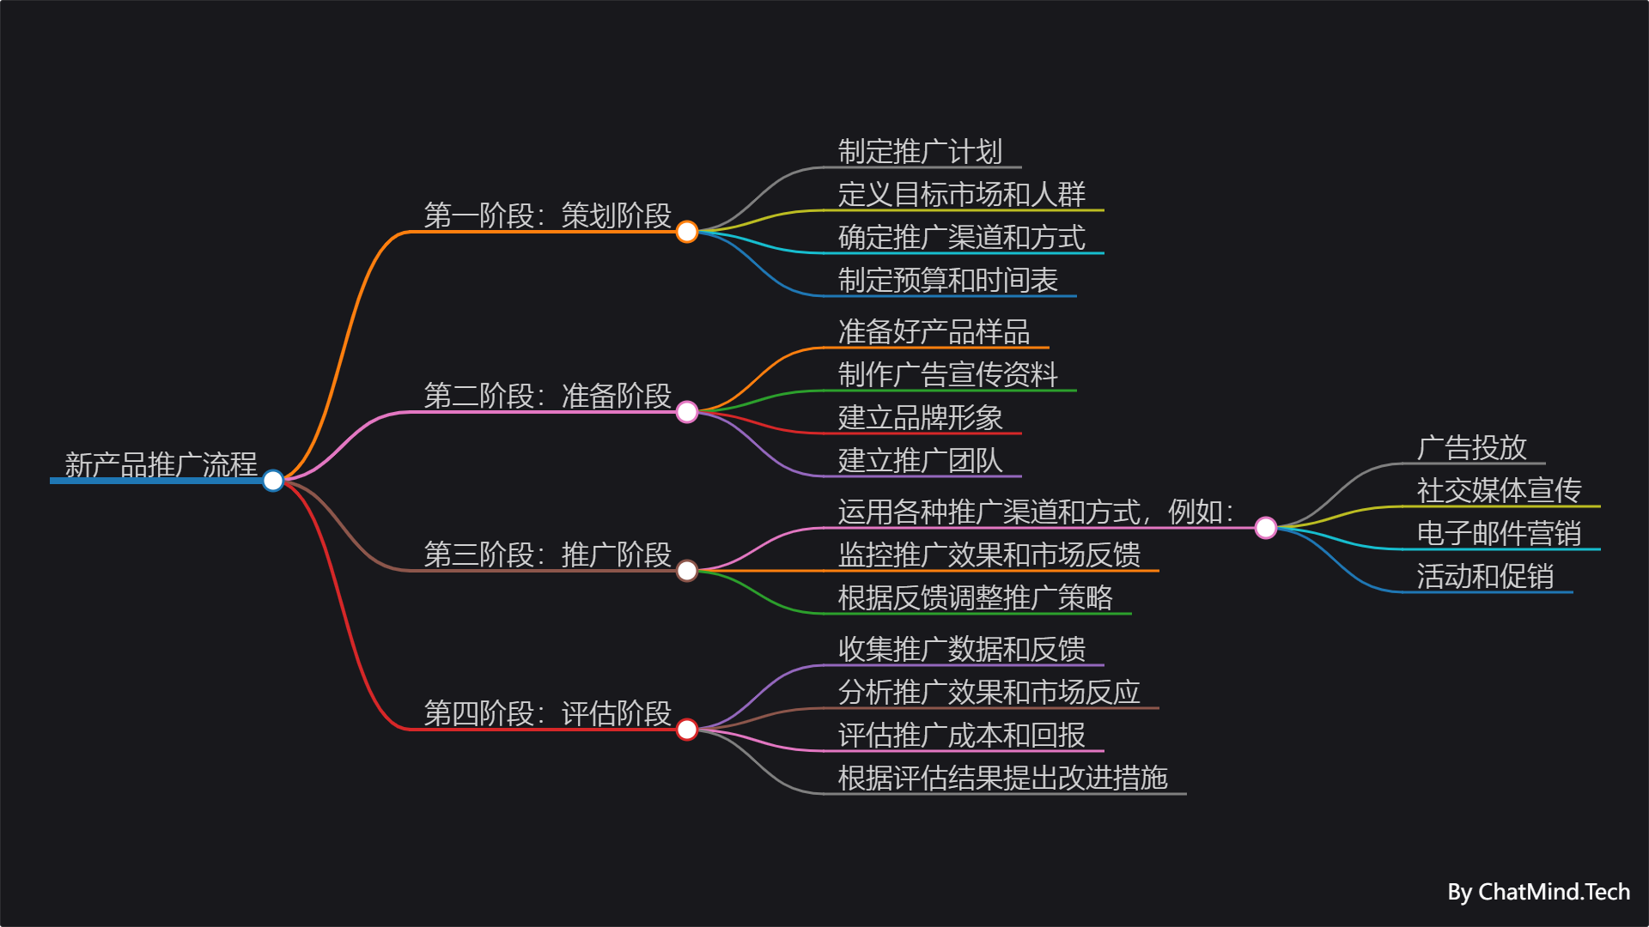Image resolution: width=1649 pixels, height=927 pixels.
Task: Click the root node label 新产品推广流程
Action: [161, 464]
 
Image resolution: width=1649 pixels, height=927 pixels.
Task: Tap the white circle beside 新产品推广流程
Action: [273, 481]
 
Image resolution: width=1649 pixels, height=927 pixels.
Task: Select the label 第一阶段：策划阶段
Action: [547, 215]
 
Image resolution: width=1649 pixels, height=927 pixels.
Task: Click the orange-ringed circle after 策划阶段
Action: [687, 232]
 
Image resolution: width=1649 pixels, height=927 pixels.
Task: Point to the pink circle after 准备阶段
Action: [687, 412]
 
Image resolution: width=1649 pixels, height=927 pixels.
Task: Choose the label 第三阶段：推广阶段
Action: [547, 554]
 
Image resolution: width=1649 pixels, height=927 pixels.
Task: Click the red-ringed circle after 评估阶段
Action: [687, 730]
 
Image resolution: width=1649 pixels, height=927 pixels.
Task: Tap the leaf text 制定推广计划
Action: [920, 152]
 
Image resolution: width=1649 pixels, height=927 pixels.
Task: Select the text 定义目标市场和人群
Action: [961, 195]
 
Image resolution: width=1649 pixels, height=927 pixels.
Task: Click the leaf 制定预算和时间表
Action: [947, 281]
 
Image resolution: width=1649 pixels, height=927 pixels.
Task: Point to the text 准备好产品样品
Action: [934, 332]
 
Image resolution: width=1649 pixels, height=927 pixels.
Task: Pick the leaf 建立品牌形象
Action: [920, 418]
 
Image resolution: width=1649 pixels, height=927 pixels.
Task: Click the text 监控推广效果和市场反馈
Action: [989, 555]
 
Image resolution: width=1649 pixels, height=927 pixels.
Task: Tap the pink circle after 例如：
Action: [1266, 528]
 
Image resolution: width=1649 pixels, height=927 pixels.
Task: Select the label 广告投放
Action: [1471, 448]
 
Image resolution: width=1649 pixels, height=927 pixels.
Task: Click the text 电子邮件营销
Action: [1499, 534]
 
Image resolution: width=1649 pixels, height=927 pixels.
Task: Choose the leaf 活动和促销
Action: [1485, 577]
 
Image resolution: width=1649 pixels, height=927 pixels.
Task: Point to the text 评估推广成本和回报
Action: [961, 736]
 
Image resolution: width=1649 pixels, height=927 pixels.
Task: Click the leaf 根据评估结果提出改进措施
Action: [1002, 779]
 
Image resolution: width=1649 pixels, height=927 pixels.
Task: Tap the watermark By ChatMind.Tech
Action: [1538, 893]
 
